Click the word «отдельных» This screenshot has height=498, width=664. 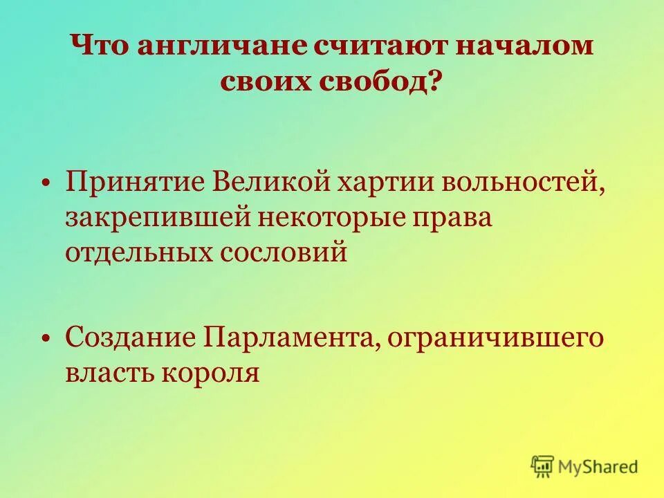coord(138,251)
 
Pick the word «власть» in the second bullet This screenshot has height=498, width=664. coord(111,373)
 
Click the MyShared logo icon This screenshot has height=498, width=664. coord(543,465)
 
